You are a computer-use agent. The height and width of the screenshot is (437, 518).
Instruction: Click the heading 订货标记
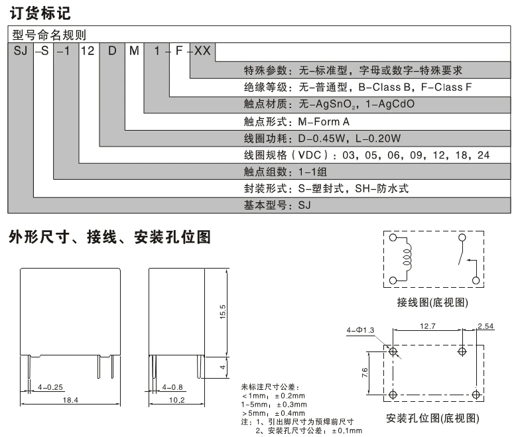(x=39, y=13)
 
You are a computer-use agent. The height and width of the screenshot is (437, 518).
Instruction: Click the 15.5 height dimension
(x=223, y=311)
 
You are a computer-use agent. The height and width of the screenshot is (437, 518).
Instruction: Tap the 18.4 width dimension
(x=70, y=399)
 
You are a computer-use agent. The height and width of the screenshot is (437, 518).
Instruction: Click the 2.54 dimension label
(x=486, y=326)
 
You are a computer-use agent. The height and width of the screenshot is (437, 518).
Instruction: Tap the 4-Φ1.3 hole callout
(x=361, y=330)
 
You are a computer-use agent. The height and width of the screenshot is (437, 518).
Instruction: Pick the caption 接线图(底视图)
(x=432, y=303)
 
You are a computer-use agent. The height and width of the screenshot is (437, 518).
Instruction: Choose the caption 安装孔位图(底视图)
(x=432, y=418)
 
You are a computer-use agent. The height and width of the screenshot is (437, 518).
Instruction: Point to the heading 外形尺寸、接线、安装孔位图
(x=109, y=237)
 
